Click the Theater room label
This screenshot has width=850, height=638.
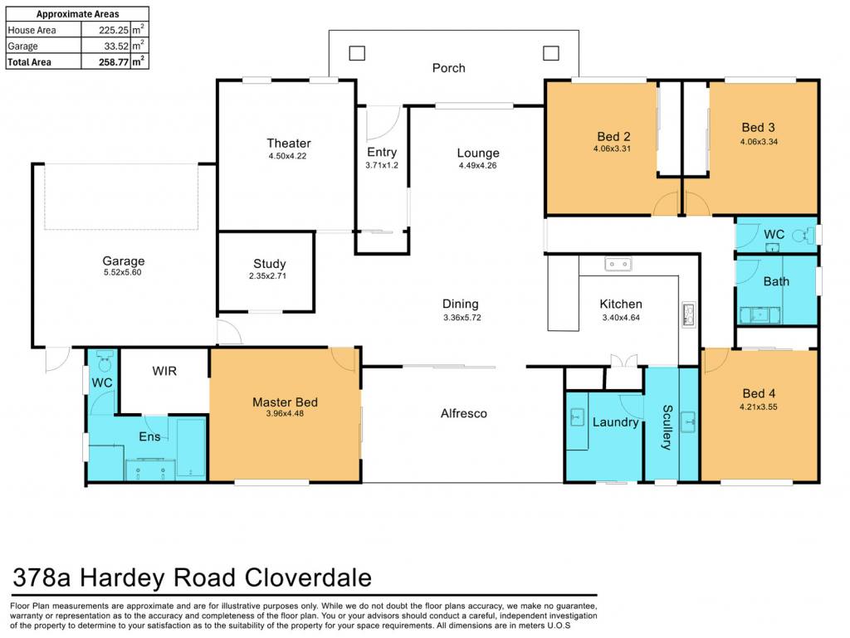point(288,143)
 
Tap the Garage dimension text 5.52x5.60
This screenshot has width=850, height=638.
point(123,272)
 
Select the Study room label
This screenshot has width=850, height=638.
point(270,264)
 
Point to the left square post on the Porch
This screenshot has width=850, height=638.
point(357,53)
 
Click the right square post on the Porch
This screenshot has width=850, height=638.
point(551,53)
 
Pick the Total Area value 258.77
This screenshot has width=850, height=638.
point(113,62)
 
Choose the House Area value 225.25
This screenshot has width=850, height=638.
point(113,31)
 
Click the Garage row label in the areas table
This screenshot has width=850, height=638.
point(22,46)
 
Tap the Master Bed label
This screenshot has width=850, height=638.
point(285,402)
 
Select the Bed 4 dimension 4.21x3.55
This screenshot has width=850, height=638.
point(759,407)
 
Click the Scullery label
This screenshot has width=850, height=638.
point(667,427)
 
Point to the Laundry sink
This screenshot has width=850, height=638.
point(577,417)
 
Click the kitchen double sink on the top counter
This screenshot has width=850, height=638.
point(618,265)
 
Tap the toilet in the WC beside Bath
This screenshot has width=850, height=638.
point(804,235)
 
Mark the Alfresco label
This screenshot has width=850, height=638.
point(463,413)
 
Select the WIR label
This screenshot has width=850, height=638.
point(164,371)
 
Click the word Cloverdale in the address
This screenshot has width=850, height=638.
point(308,577)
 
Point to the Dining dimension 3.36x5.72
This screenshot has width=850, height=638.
point(462,318)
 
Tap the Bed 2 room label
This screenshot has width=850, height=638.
point(613,137)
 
